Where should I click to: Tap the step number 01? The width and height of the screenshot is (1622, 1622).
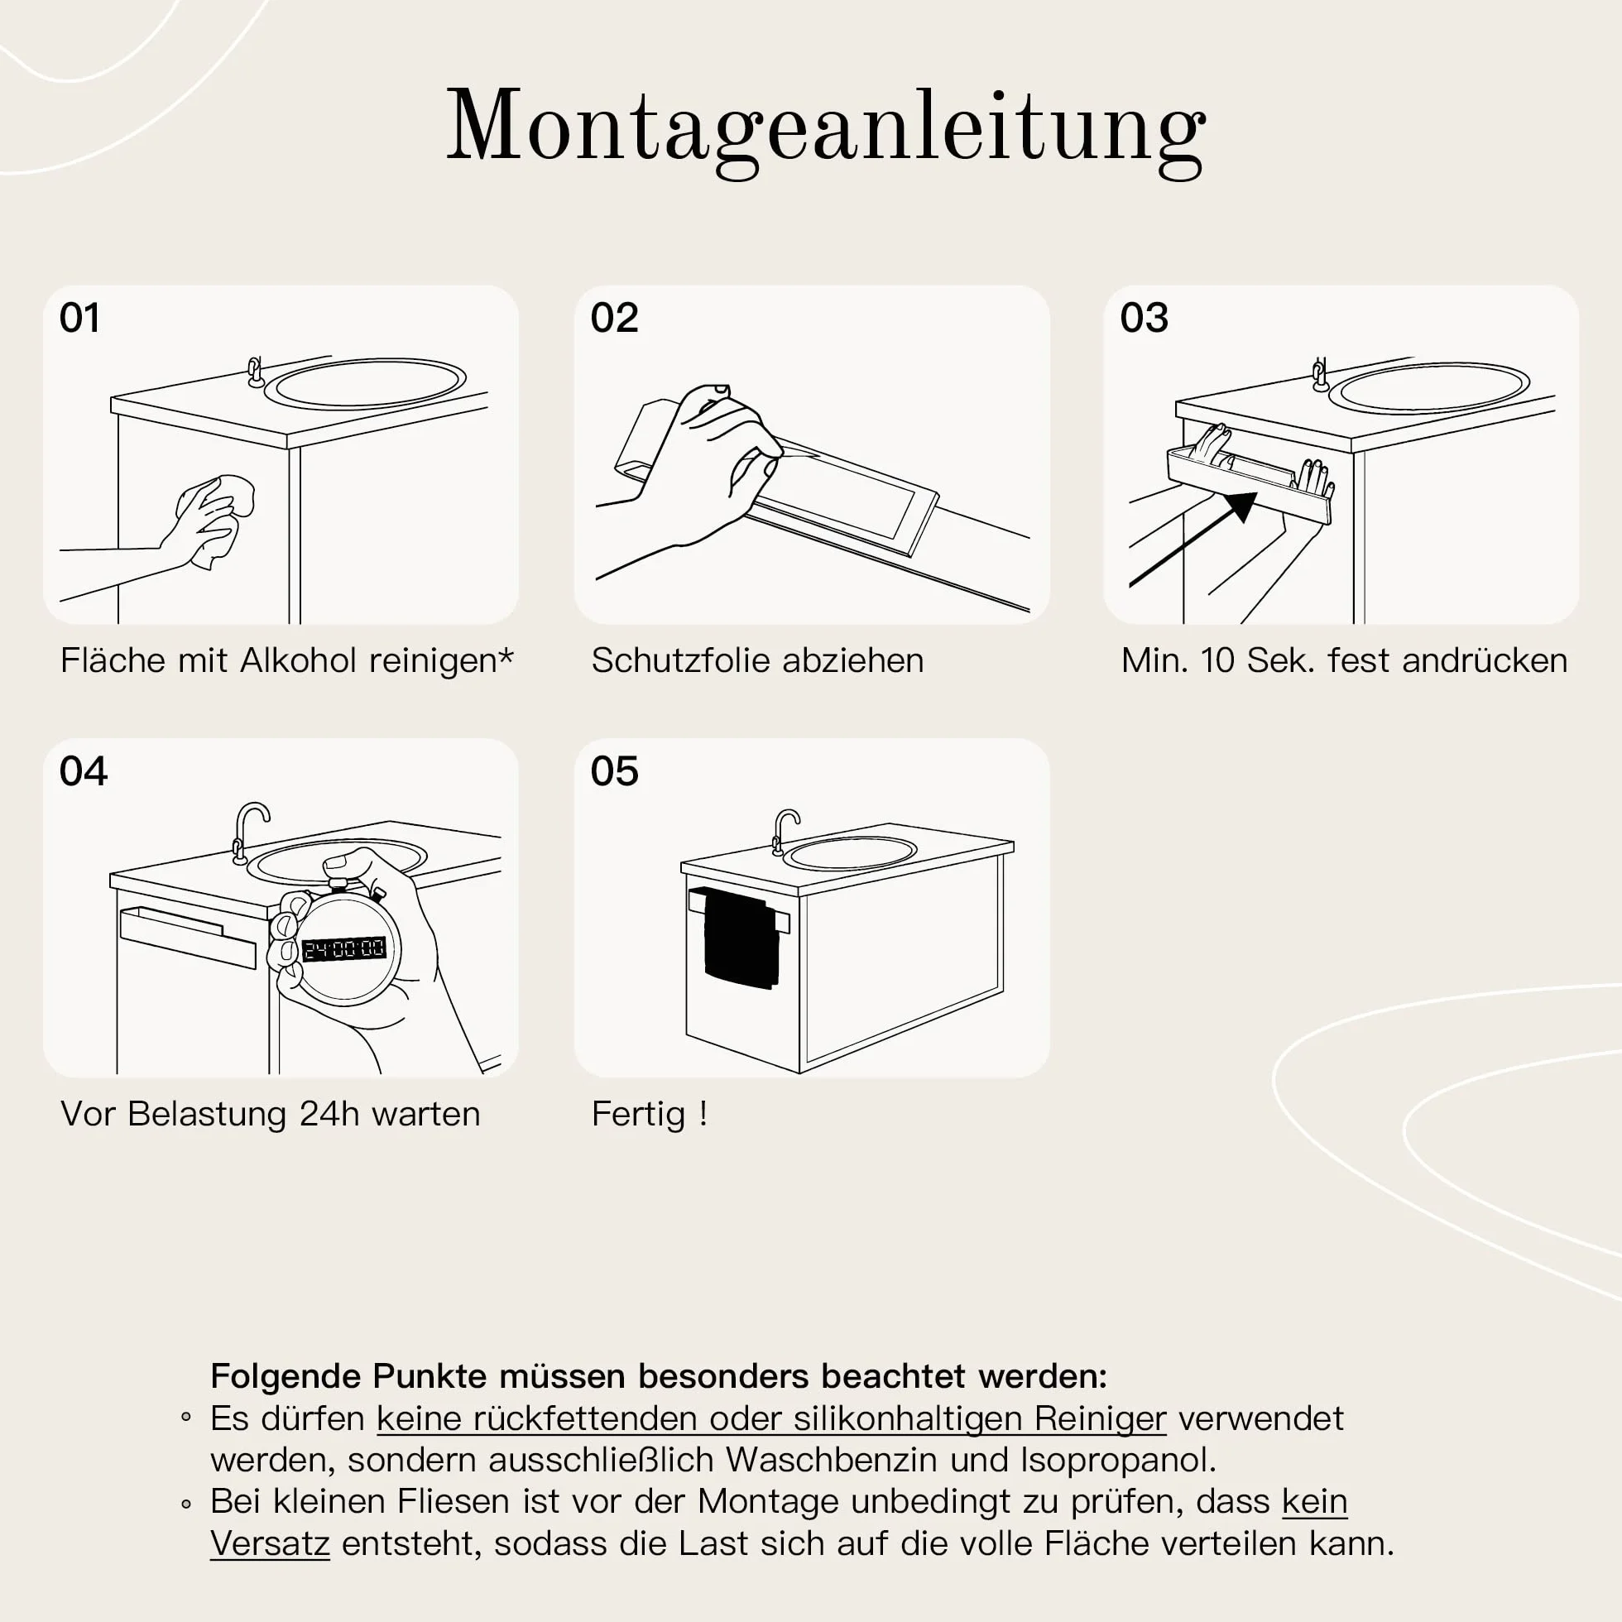click(x=79, y=318)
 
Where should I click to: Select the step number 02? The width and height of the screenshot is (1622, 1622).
click(x=615, y=318)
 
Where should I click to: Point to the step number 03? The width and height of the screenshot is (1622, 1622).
click(x=1145, y=318)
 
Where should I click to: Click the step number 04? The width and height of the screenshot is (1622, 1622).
click(x=83, y=771)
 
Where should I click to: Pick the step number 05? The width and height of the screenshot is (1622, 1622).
click(x=615, y=771)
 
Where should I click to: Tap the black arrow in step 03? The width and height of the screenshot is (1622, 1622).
click(x=1193, y=540)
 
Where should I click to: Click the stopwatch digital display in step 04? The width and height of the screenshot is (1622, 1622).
click(x=343, y=949)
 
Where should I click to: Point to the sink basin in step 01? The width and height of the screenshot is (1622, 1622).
click(x=365, y=384)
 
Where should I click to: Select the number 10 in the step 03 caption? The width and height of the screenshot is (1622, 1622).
click(x=1216, y=660)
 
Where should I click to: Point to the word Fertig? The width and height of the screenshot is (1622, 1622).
click(x=639, y=1115)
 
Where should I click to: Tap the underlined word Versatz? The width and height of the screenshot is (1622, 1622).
click(x=270, y=1544)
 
